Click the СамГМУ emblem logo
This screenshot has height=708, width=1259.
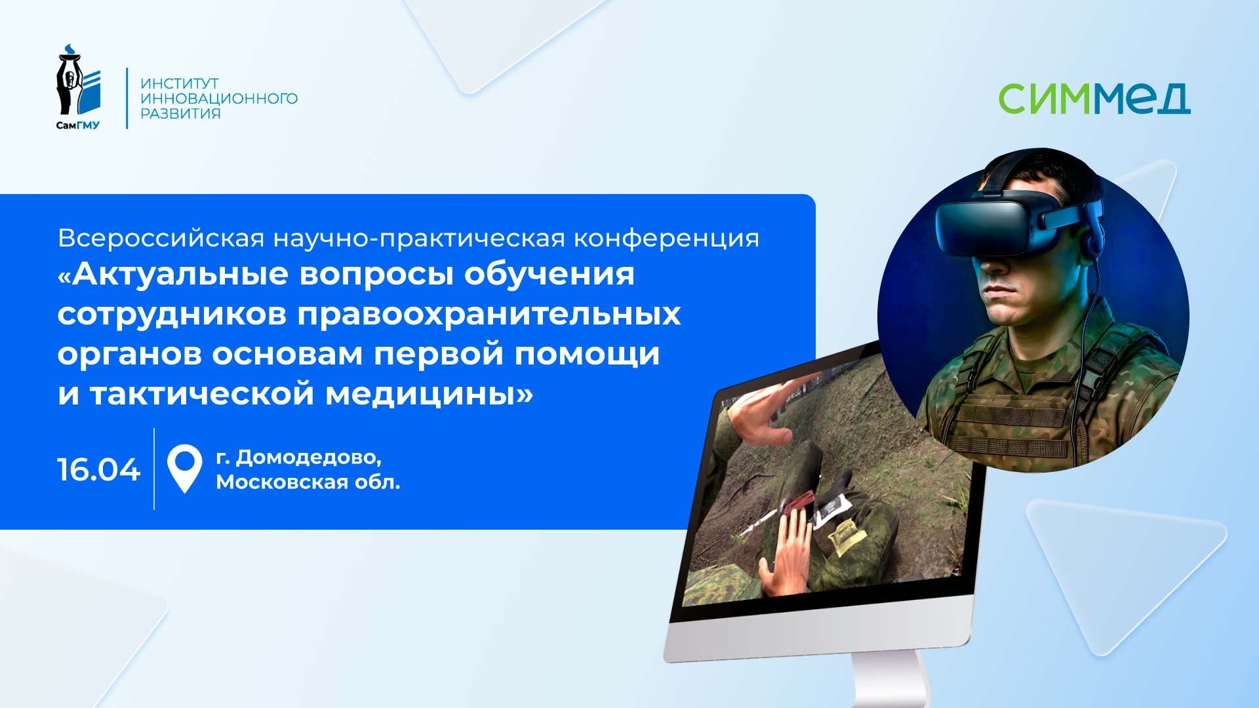78,87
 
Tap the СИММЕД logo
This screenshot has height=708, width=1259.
1094,98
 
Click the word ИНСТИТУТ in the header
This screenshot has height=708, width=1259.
180,84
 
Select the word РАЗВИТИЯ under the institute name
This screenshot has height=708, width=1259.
180,113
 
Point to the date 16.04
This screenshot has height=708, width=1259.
98,470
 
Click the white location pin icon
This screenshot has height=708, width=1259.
184,467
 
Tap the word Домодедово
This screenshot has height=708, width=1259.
308,457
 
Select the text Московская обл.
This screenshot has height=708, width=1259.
308,482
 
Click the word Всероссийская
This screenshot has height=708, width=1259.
161,238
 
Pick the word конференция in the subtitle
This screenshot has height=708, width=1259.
666,238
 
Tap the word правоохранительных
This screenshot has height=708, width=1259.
489,314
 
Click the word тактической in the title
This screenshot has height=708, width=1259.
203,394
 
